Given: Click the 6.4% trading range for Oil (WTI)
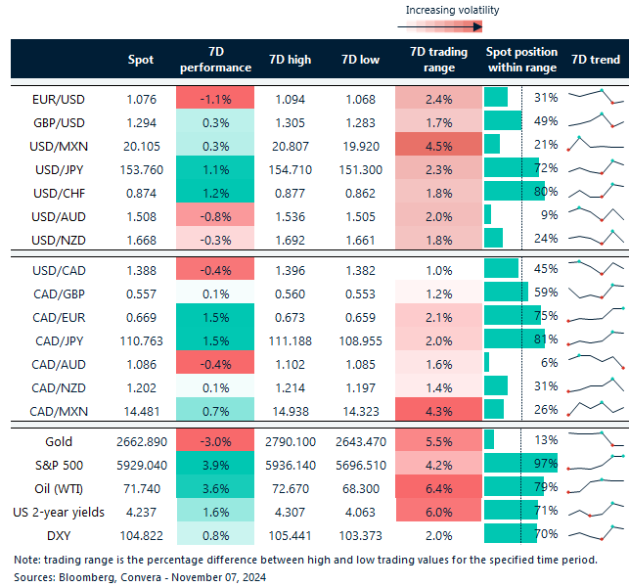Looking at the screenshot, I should click(x=438, y=487).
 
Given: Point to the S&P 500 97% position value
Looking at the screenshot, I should click(x=545, y=465).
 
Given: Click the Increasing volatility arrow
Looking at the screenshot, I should click(x=453, y=27).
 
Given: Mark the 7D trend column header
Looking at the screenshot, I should click(x=595, y=60).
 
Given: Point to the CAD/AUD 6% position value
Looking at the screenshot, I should click(x=548, y=362).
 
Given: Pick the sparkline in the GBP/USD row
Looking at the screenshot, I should click(x=597, y=120).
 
